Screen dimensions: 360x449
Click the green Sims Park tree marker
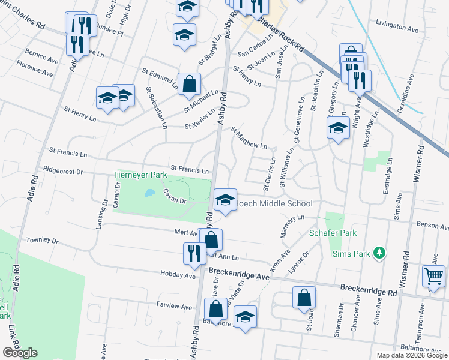pyautogui.click(x=379, y=253)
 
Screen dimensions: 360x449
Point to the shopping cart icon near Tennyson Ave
pyautogui.click(x=433, y=276)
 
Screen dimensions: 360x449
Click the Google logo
pyautogui.click(x=20, y=353)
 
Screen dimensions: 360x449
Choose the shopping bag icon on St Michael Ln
pyautogui.click(x=189, y=84)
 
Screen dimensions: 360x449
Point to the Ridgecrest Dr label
pyautogui.click(x=63, y=171)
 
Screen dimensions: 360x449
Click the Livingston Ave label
pyautogui.click(x=396, y=28)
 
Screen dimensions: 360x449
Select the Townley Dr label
pyautogui.click(x=42, y=241)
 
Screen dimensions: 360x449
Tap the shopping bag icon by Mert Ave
pyautogui.click(x=211, y=239)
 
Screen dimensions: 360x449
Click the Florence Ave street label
pyautogui.click(x=34, y=68)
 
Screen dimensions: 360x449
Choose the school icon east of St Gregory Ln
pyautogui.click(x=339, y=128)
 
